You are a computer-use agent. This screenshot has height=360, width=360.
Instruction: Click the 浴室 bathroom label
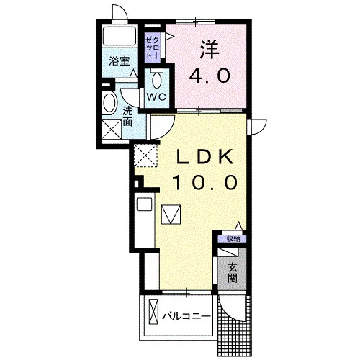(x=120, y=61)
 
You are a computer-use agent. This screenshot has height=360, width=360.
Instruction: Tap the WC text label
(x=156, y=97)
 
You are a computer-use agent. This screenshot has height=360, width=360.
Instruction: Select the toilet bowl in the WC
(x=157, y=80)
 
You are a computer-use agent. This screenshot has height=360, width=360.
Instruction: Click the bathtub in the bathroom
(x=120, y=36)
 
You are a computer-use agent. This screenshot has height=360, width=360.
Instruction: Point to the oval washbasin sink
(x=109, y=103)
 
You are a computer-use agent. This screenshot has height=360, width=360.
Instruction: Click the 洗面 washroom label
(x=127, y=116)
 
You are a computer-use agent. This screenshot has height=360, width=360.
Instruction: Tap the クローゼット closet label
(x=152, y=48)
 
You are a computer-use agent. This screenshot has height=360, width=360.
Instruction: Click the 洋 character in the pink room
(x=210, y=49)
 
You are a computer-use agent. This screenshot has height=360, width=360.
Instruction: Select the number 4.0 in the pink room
(x=210, y=76)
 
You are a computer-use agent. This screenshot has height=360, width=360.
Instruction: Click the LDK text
(x=204, y=157)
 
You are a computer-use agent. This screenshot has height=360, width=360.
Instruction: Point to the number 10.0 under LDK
(x=204, y=182)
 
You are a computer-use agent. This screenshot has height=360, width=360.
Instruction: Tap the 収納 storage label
(x=233, y=239)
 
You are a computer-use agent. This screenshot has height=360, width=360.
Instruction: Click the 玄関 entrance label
(x=233, y=273)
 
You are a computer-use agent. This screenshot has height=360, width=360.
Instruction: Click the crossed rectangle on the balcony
(x=154, y=312)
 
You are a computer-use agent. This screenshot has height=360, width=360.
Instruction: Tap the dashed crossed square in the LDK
(x=145, y=155)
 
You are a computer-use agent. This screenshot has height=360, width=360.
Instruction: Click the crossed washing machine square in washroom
(x=112, y=129)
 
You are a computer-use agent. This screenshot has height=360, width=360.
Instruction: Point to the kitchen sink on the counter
(x=144, y=204)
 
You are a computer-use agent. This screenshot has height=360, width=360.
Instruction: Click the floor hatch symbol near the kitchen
(x=171, y=215)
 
